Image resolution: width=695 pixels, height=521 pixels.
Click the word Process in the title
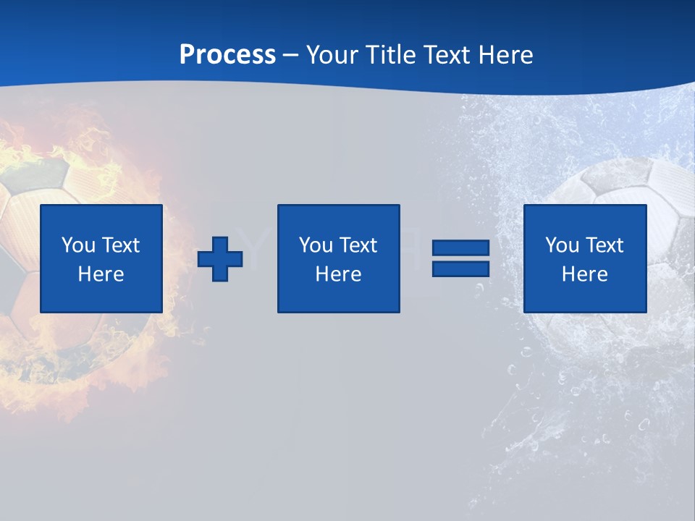pos(227,55)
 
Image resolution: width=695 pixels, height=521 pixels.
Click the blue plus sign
pos(220,258)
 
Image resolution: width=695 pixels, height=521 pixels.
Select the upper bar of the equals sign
pos(460,248)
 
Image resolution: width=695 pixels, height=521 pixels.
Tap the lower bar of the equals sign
pos(460,268)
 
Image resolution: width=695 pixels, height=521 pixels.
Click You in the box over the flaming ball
pos(78,245)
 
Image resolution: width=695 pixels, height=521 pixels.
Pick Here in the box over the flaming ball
pos(101,274)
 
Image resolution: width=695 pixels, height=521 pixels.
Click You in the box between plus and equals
pos(316,245)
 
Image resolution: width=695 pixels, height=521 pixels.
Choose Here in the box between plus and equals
pos(338,274)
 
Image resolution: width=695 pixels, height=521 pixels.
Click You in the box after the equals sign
pos(562,245)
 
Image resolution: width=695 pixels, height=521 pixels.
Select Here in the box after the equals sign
pos(584,274)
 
